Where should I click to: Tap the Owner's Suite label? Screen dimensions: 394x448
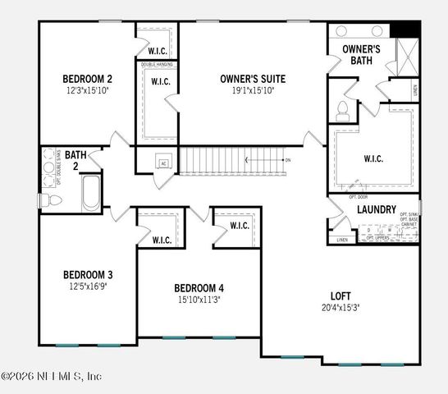pyautogui.click(x=253, y=79)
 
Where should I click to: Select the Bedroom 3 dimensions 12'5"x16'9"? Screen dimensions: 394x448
pyautogui.click(x=87, y=286)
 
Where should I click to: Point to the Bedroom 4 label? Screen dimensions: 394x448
pyautogui.click(x=199, y=288)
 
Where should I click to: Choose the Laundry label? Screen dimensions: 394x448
pyautogui.click(x=377, y=209)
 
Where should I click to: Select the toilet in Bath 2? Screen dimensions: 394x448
pyautogui.click(x=48, y=199)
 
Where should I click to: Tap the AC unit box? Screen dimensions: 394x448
pyautogui.click(x=164, y=163)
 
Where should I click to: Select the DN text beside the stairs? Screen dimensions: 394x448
pyautogui.click(x=288, y=160)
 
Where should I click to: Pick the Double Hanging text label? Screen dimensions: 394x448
pyautogui.click(x=158, y=64)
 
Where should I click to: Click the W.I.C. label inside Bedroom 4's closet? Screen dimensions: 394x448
pyautogui.click(x=240, y=226)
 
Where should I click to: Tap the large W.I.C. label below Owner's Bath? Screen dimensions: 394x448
pyautogui.click(x=373, y=158)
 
